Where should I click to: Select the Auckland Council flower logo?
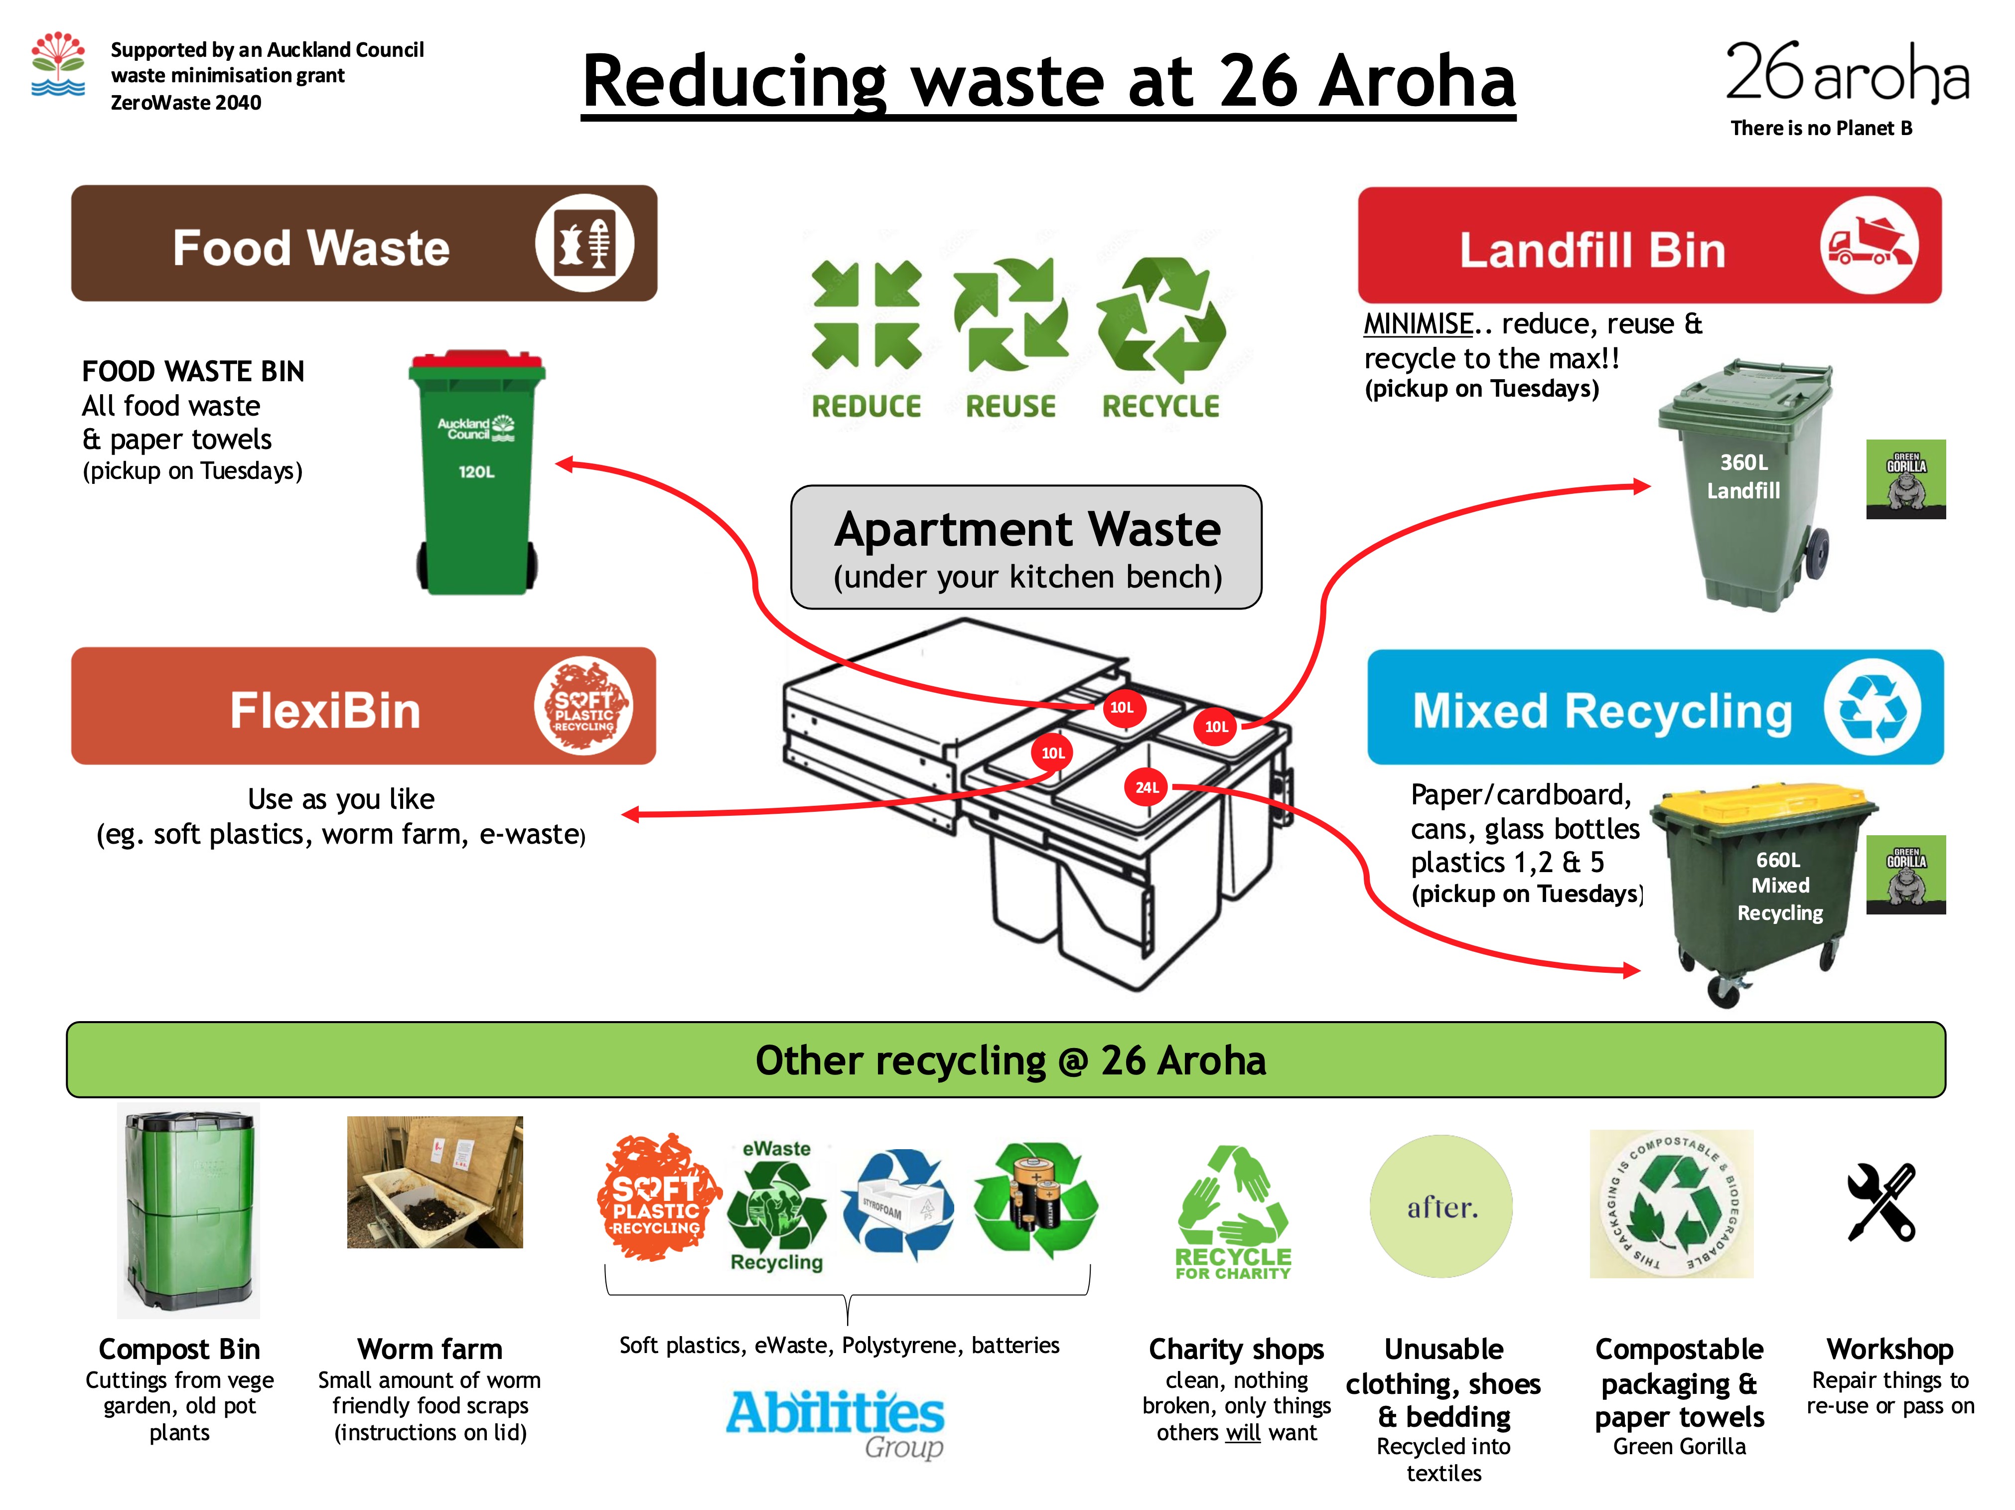pyautogui.click(x=58, y=64)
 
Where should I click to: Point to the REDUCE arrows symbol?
pyautogui.click(x=866, y=314)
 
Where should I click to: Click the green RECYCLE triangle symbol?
pyautogui.click(x=1160, y=319)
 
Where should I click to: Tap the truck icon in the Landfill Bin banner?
pyautogui.click(x=1869, y=245)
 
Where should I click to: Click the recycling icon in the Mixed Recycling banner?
pyautogui.click(x=1872, y=707)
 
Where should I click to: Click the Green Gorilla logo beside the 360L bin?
pyautogui.click(x=1906, y=479)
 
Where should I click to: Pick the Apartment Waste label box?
pyautogui.click(x=1026, y=547)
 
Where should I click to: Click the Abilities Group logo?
pyautogui.click(x=835, y=1420)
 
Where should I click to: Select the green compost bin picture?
pyautogui.click(x=188, y=1209)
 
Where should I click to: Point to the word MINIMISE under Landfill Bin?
pyautogui.click(x=1418, y=323)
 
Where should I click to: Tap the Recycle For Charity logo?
pyautogui.click(x=1233, y=1214)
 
